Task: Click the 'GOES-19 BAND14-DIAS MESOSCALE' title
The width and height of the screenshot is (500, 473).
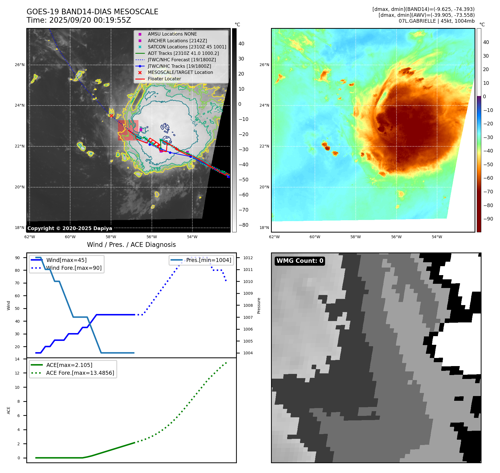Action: pyautogui.click(x=92, y=12)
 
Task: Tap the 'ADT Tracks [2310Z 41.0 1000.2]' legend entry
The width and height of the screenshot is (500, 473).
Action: pyautogui.click(x=183, y=53)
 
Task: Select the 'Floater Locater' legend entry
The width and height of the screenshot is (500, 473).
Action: pyautogui.click(x=164, y=79)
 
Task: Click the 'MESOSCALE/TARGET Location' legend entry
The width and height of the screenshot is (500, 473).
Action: pyautogui.click(x=180, y=72)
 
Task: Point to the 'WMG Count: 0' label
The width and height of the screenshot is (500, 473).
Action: pyautogui.click(x=300, y=261)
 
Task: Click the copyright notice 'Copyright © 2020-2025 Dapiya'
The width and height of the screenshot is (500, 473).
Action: pyautogui.click(x=70, y=228)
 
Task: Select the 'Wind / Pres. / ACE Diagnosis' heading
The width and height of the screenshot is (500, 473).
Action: pyautogui.click(x=131, y=245)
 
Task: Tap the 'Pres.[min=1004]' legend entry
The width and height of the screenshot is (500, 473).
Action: pyautogui.click(x=209, y=260)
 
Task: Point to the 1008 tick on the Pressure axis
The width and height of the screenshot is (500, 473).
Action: pyautogui.click(x=248, y=305)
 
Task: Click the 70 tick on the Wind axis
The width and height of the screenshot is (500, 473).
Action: pyautogui.click(x=17, y=283)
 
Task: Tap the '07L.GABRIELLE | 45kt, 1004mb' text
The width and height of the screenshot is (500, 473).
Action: pyautogui.click(x=437, y=21)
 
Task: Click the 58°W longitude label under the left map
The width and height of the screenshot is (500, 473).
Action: pyautogui.click(x=111, y=237)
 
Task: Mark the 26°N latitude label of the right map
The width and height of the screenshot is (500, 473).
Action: pyautogui.click(x=264, y=65)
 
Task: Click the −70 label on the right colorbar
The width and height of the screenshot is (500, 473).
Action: pyautogui.click(x=488, y=192)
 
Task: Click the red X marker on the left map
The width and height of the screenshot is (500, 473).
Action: pyautogui.click(x=111, y=116)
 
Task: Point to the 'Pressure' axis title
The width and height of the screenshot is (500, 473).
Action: pyautogui.click(x=259, y=306)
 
